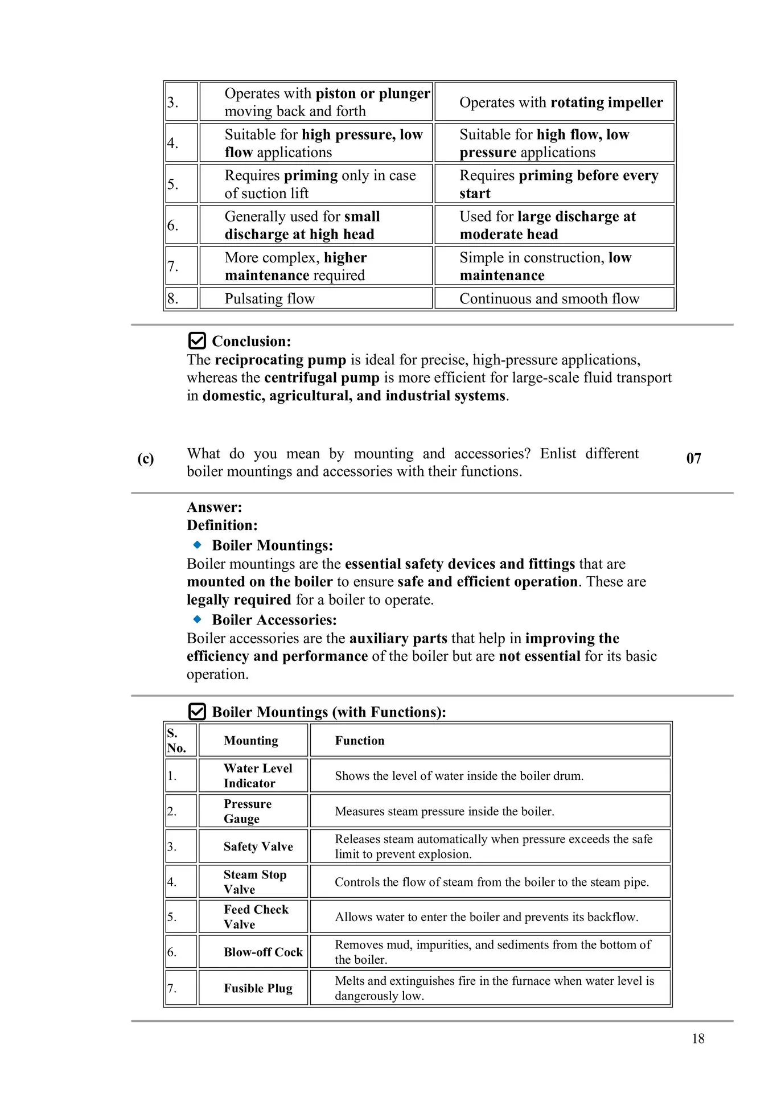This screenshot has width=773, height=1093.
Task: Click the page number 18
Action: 698,1038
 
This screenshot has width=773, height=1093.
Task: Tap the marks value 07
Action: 693,458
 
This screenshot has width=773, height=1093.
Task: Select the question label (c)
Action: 146,459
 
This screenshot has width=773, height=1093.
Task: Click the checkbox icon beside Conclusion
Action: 196,340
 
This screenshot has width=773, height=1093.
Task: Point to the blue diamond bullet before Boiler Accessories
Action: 198,619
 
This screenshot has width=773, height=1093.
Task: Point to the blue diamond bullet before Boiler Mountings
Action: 198,545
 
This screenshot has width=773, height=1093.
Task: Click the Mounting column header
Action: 251,740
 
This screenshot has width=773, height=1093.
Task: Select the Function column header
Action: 360,740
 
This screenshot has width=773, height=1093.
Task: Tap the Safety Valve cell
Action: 258,847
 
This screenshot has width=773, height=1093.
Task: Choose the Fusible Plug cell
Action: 258,988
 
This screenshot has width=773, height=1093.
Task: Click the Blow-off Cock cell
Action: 263,952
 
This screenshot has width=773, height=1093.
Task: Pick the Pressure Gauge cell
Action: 248,811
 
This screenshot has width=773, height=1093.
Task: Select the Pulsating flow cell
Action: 270,298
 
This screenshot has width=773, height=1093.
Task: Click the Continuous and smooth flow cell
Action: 549,298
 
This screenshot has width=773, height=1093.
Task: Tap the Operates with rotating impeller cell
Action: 561,102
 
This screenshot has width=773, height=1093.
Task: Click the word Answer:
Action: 214,507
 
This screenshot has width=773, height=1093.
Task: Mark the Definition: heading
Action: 222,525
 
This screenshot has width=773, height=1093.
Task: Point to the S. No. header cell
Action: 176,740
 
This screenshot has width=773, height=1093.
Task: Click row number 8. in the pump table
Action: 172,298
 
